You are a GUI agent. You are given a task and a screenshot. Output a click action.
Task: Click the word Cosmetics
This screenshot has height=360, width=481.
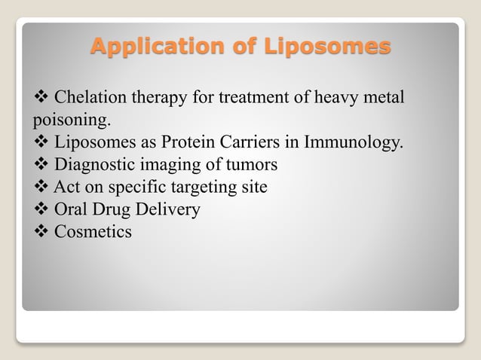[93, 231]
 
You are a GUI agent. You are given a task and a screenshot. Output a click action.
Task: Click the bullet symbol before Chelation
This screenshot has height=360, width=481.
[41, 98]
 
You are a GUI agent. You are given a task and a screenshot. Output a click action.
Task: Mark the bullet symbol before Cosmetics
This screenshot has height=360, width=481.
[41, 231]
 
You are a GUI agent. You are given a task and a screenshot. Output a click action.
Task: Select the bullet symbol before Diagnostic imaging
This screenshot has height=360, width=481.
[41, 164]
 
